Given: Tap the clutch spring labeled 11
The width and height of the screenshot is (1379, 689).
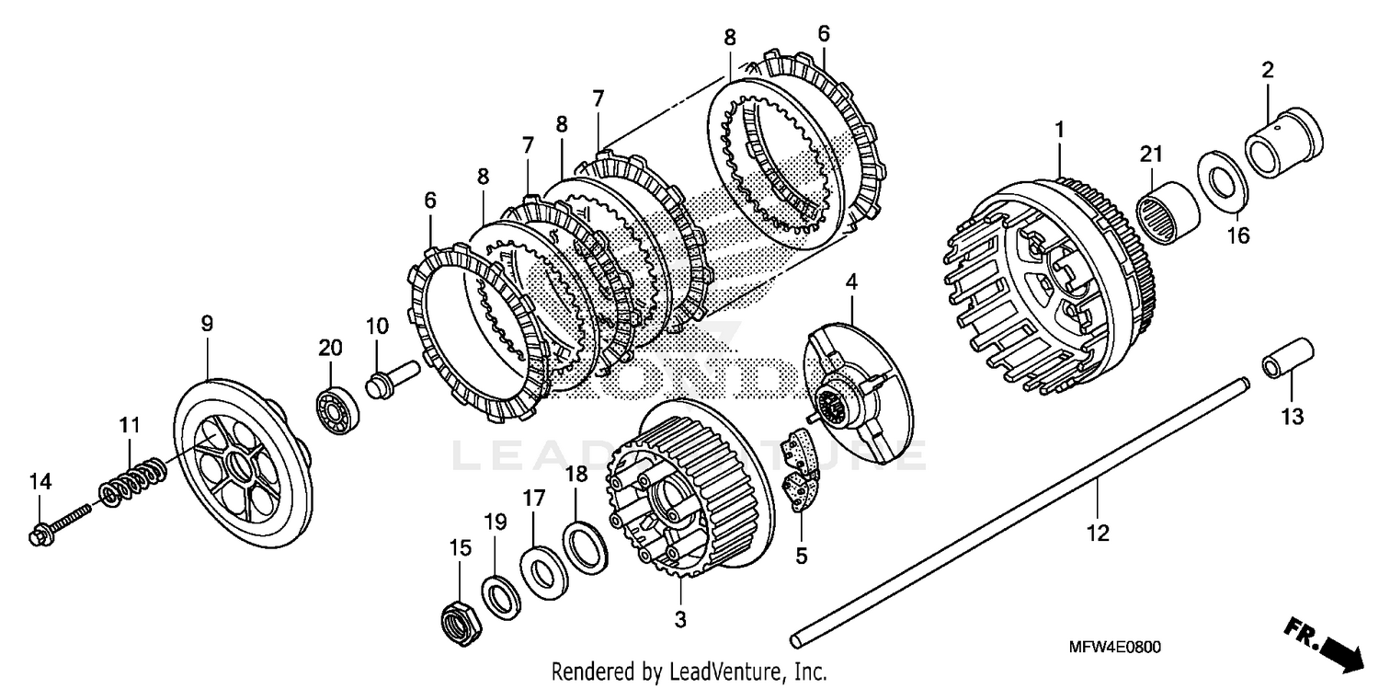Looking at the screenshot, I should pyautogui.click(x=133, y=480).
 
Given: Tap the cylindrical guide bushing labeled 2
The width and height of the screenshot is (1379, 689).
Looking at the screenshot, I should pyautogui.click(x=1282, y=141).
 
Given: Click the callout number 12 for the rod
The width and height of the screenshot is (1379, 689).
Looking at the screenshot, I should pyautogui.click(x=1099, y=532).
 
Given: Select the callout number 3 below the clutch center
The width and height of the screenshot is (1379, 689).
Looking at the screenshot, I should pyautogui.click(x=679, y=620).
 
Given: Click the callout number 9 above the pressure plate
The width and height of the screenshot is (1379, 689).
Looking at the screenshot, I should pyautogui.click(x=207, y=323).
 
